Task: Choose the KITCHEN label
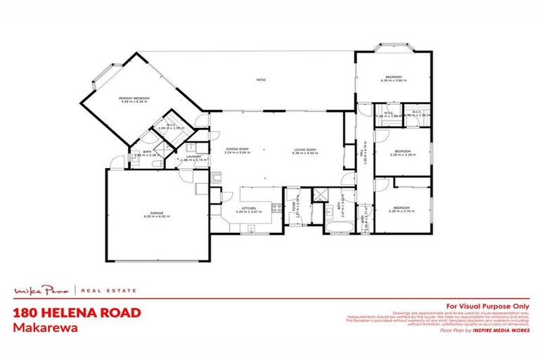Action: (x=251, y=208)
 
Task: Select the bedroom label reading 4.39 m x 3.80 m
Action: (x=392, y=81)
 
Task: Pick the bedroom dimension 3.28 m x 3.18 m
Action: (x=401, y=155)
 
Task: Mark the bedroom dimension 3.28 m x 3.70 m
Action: (x=401, y=212)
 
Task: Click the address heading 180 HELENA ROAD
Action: (x=78, y=311)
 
